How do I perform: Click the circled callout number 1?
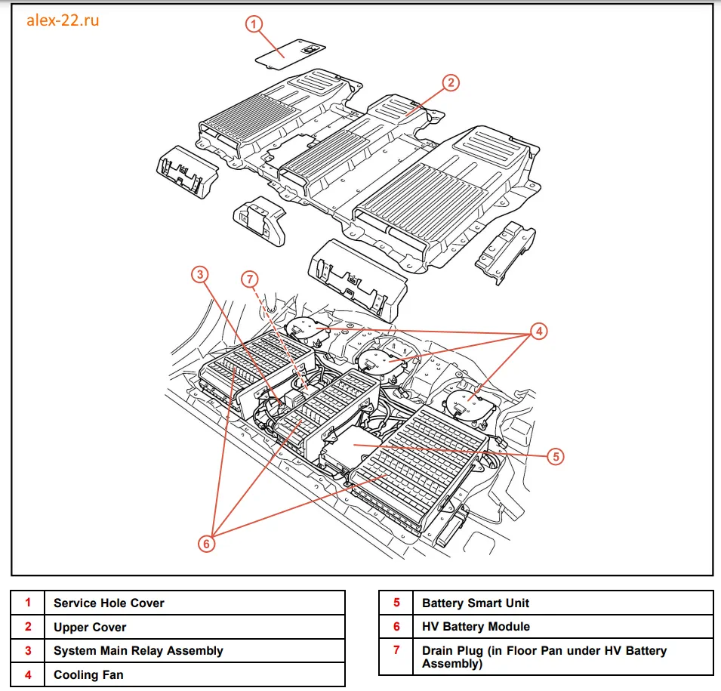click(254, 24)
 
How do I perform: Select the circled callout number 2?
click(450, 83)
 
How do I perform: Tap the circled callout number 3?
click(199, 275)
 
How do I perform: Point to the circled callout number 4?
click(538, 331)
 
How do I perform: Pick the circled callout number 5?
click(555, 456)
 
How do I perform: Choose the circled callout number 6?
click(208, 541)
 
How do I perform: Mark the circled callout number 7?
click(251, 279)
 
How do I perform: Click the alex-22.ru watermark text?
click(63, 20)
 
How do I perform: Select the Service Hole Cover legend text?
click(109, 603)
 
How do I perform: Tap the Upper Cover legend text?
click(90, 627)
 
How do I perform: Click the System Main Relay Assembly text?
click(138, 650)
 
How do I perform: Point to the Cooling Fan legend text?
click(88, 674)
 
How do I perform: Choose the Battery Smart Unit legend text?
click(476, 603)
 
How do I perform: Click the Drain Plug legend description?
click(544, 657)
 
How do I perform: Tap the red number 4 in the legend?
click(28, 674)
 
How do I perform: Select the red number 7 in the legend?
click(396, 650)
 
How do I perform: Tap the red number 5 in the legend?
click(396, 603)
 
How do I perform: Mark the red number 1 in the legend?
click(28, 603)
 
